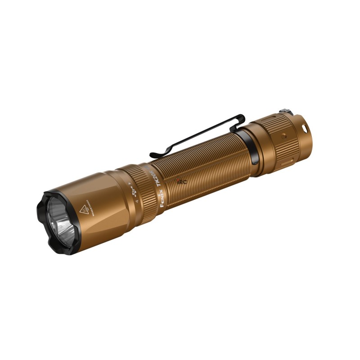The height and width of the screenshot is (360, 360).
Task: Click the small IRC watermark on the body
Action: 183,182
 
